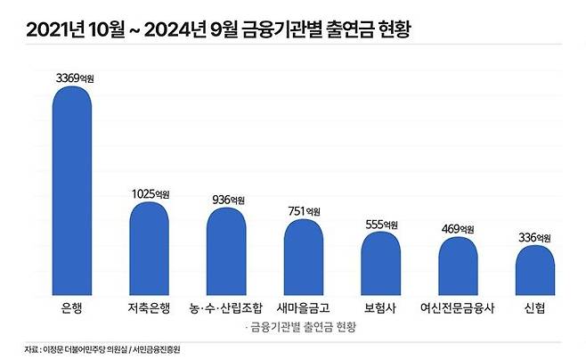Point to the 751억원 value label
pos(305,211)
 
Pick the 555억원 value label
pos(381,224)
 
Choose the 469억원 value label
pos(459,229)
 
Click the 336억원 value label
pos(535,237)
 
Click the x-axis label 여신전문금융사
pos(457,310)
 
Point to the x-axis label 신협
pos(533,310)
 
